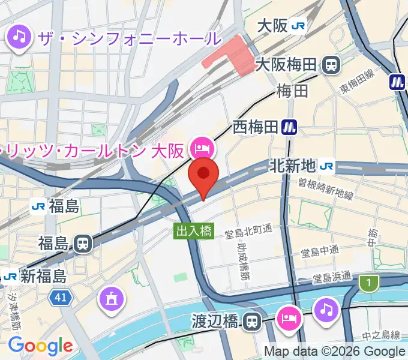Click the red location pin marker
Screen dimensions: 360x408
pyautogui.click(x=203, y=175)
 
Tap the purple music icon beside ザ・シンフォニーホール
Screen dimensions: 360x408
pyautogui.click(x=19, y=38)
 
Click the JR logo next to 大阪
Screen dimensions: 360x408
pyautogui.click(x=298, y=26)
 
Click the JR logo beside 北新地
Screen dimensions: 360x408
pyautogui.click(x=328, y=164)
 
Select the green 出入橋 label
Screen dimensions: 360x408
pyautogui.click(x=194, y=231)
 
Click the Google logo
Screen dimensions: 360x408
pyautogui.click(x=40, y=346)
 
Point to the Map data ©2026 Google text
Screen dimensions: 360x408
pyautogui.click(x=334, y=352)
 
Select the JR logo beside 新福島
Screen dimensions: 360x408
pyautogui.click(x=9, y=277)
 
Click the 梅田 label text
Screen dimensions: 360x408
pyautogui.click(x=292, y=91)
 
